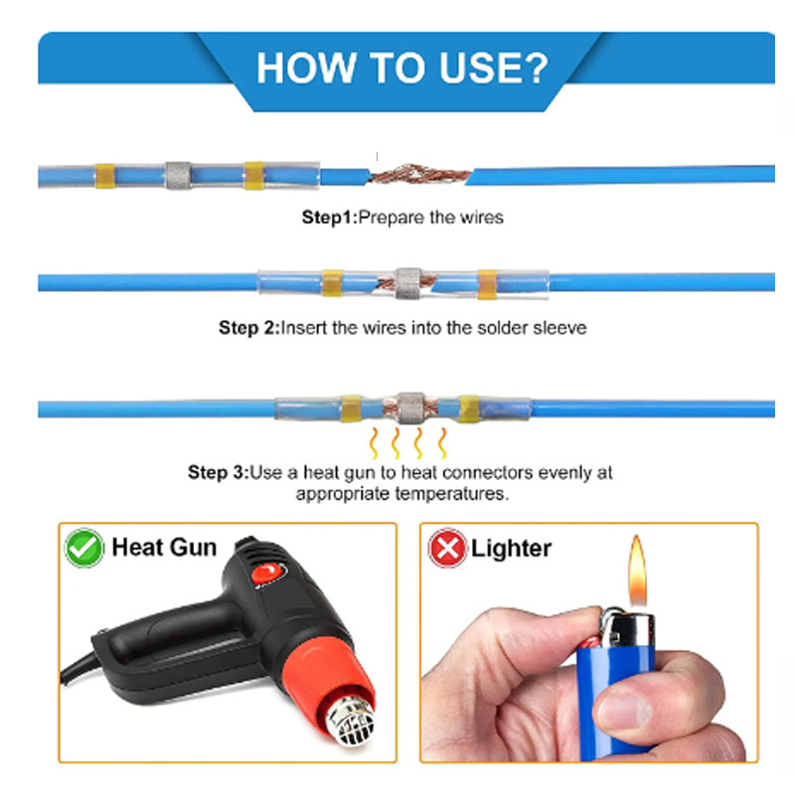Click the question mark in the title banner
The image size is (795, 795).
534,68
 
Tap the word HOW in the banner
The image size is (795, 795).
306,68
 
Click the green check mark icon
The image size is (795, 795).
84,548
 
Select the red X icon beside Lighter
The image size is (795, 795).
447,548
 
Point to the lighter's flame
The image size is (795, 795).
637,570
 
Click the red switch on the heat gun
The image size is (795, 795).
266,574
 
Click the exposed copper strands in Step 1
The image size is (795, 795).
418,174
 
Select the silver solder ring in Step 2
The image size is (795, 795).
408,283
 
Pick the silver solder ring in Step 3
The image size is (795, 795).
410,408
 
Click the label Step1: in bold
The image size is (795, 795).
330,218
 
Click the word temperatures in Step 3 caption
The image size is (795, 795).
452,494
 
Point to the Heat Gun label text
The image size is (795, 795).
164,548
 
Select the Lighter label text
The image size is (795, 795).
511,549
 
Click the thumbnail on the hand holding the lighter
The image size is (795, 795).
624,710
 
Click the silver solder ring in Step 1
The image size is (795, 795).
178,176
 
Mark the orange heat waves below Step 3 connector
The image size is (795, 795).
407,443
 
